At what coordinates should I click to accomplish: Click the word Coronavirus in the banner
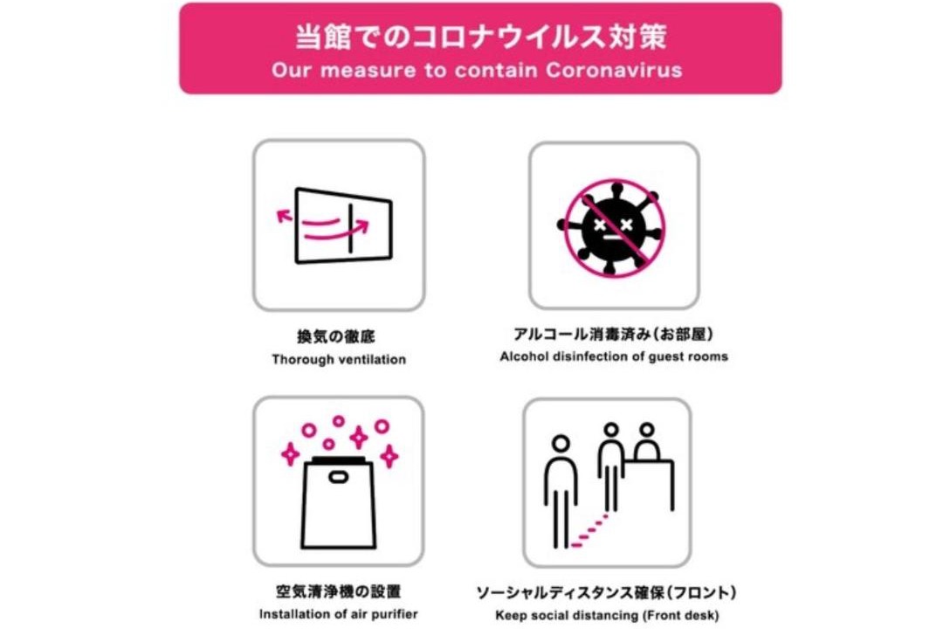pyautogui.click(x=614, y=71)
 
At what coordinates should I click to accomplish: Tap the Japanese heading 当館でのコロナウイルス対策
pyautogui.click(x=480, y=37)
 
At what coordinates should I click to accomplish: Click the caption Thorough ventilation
pyautogui.click(x=339, y=359)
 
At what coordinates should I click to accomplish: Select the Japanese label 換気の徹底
pyautogui.click(x=335, y=336)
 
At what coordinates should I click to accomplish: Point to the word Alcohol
pyautogui.click(x=523, y=356)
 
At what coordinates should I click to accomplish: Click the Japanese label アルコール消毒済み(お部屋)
pyautogui.click(x=614, y=334)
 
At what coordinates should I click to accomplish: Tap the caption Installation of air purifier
pyautogui.click(x=339, y=614)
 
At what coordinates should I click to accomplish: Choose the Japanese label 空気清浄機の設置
pyautogui.click(x=339, y=591)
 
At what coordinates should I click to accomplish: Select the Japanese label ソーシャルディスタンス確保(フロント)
pyautogui.click(x=606, y=593)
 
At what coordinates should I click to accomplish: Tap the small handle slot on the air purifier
pyautogui.click(x=338, y=477)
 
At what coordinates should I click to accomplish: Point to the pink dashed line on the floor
pyautogui.click(x=589, y=531)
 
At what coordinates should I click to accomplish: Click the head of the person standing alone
pyautogui.click(x=561, y=444)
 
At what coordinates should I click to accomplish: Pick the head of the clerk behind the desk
pyautogui.click(x=646, y=430)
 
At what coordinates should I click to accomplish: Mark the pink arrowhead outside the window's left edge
pyautogui.click(x=283, y=216)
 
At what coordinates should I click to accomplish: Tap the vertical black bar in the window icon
pyautogui.click(x=350, y=228)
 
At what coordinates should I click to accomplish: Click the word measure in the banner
pyautogui.click(x=368, y=71)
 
